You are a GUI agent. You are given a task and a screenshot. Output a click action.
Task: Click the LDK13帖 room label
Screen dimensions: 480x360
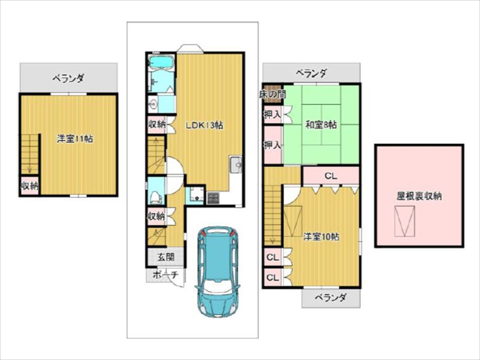coord(204,125)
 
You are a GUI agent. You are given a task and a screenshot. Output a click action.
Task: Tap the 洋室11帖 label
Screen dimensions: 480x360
coord(75,139)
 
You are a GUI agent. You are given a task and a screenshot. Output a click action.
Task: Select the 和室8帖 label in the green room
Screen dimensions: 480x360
coord(321,125)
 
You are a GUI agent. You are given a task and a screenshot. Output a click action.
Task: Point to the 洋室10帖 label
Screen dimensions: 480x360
coord(321,237)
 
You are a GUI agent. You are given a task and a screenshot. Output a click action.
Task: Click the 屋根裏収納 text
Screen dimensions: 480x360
coord(419,196)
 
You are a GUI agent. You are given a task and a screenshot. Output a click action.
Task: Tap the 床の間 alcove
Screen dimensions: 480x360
coord(273,95)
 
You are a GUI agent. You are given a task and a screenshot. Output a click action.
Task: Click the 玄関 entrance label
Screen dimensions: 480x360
coord(166,257)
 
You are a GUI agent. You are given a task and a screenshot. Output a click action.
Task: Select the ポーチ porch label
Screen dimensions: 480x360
coord(165,275)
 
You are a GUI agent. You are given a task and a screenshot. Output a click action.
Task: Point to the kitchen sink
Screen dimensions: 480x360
coord(236,165)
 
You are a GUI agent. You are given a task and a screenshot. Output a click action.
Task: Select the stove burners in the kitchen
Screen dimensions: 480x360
coord(213,198)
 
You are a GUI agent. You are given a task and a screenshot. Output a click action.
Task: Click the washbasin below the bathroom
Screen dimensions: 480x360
coord(152,104)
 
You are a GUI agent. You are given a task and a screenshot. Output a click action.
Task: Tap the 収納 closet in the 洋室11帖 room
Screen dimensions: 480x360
coord(30,185)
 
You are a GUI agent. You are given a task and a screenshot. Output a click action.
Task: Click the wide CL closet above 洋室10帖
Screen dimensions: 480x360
coord(330,176)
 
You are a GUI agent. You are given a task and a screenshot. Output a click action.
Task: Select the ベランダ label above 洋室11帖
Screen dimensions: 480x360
coord(68,78)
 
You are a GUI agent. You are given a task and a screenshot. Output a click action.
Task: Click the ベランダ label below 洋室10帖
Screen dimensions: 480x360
coord(331,297)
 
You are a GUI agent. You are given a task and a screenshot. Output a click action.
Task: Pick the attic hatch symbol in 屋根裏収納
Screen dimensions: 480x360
coord(405,221)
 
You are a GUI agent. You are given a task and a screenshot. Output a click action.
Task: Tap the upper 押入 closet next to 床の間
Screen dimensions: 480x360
coord(273,114)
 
